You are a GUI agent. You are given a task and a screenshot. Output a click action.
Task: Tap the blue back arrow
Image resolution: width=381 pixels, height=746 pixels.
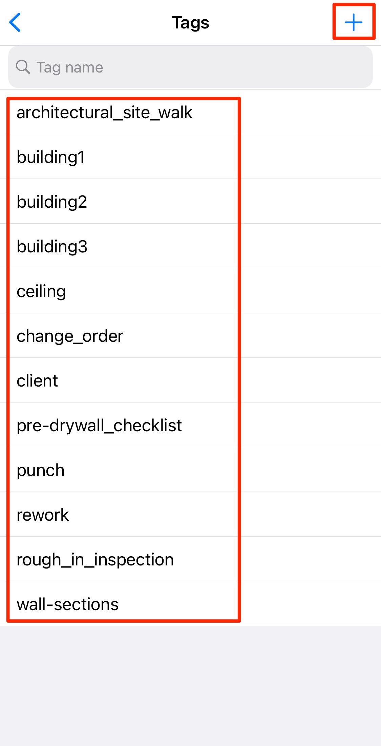pyautogui.click(x=15, y=22)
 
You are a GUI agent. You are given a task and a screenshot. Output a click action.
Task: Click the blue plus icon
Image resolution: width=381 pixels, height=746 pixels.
pyautogui.click(x=354, y=22)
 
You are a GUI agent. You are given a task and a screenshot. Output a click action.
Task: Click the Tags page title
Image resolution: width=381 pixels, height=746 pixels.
pyautogui.click(x=190, y=23)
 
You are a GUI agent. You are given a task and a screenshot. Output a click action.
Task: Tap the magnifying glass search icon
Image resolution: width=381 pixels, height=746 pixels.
pyautogui.click(x=23, y=67)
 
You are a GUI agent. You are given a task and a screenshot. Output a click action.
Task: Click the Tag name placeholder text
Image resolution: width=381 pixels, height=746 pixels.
pyautogui.click(x=70, y=67)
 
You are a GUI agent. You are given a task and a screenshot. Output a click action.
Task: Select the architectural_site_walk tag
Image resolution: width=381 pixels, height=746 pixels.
pyautogui.click(x=104, y=112)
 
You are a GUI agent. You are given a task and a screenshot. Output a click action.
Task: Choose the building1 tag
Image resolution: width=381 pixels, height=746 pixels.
pyautogui.click(x=51, y=157)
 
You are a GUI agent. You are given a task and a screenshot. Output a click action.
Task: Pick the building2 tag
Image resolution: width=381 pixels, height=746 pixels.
pyautogui.click(x=52, y=202)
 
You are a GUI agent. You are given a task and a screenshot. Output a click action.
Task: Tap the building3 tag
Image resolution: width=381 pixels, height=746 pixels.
pyautogui.click(x=52, y=247)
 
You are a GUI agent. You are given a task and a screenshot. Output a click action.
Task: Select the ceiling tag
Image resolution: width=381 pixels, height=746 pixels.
pyautogui.click(x=41, y=291)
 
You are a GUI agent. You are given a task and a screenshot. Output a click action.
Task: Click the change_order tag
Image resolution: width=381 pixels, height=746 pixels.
pyautogui.click(x=70, y=336)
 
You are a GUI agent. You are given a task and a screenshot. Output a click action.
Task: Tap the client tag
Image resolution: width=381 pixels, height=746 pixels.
pyautogui.click(x=37, y=381)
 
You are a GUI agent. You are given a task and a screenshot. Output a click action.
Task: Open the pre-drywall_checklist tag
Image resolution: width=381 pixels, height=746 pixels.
pyautogui.click(x=99, y=426)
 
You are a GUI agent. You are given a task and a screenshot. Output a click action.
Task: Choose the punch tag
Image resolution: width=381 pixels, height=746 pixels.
pyautogui.click(x=41, y=470)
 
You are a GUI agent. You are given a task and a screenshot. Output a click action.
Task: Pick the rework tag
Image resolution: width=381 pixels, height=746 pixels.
pyautogui.click(x=43, y=515)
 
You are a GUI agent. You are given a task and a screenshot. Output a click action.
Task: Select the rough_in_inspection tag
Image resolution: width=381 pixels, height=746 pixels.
pyautogui.click(x=95, y=560)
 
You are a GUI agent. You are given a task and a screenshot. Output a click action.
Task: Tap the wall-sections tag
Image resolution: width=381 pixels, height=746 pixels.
pyautogui.click(x=68, y=604)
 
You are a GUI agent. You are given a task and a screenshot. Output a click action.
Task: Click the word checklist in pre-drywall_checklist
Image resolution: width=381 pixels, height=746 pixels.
pyautogui.click(x=148, y=426)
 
